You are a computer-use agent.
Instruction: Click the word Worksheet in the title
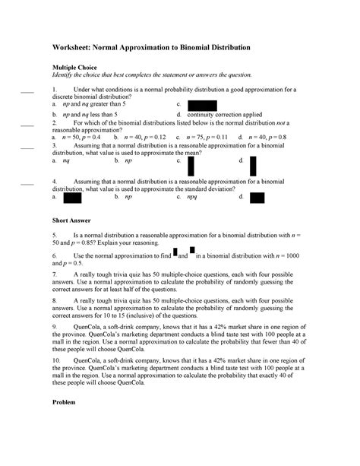tap(73, 48)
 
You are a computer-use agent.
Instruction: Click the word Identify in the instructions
tap(65, 76)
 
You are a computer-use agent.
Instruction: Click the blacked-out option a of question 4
tap(72, 198)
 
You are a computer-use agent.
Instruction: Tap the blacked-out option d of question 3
tap(253, 164)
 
